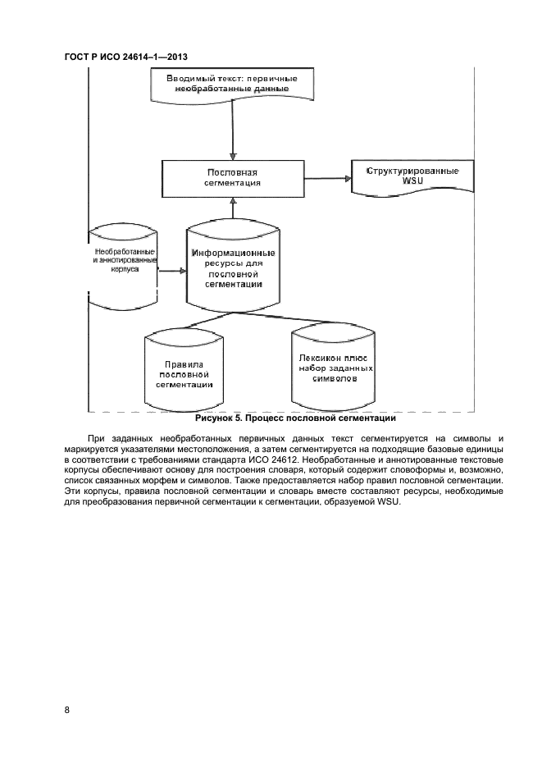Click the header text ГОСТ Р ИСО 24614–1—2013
click(132, 56)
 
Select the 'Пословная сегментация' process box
click(232, 178)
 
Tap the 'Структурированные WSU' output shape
click(412, 176)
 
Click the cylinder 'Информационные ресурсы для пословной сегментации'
click(233, 266)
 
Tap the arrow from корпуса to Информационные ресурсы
click(171, 270)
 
